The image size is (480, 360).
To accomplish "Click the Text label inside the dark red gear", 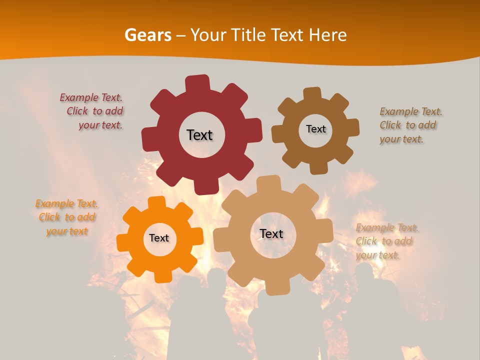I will [x=199, y=135].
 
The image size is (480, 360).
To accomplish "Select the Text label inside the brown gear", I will [x=315, y=129].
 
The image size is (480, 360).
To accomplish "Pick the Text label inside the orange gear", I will [x=159, y=238].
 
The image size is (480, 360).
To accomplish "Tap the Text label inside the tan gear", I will [x=271, y=234].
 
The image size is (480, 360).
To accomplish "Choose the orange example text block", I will [x=67, y=217].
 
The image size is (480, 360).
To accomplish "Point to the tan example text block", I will [x=386, y=241].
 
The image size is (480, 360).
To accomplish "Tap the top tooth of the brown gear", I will [x=312, y=94].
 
